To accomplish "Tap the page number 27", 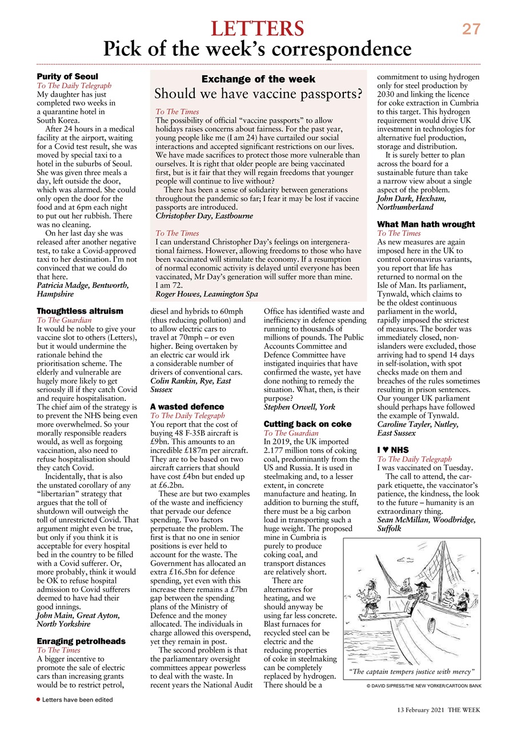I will [x=471, y=29].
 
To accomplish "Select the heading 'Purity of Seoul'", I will [x=67, y=77].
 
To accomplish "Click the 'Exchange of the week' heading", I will [x=258, y=79].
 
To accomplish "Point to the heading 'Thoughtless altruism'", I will [x=79, y=311].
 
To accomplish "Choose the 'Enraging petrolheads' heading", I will [x=81, y=641].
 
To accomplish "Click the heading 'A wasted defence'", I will [x=187, y=407].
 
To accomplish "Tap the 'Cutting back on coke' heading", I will [x=307, y=424].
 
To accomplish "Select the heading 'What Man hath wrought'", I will [x=426, y=224].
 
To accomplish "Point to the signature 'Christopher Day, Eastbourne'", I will [x=204, y=216].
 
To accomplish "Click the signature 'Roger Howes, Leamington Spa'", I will [x=206, y=294].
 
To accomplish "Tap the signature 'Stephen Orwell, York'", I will [x=299, y=407].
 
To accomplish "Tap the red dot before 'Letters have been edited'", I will [x=38, y=699].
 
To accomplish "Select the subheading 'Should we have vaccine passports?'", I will [x=258, y=93].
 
